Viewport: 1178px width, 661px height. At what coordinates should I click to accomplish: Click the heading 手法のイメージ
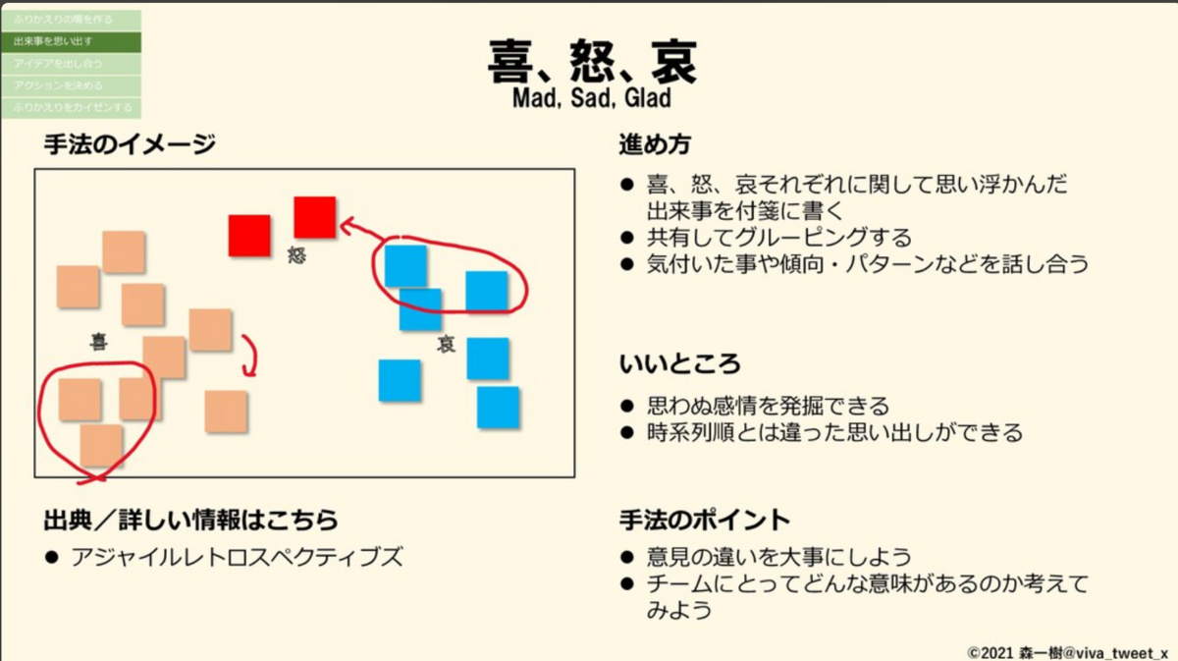tap(129, 144)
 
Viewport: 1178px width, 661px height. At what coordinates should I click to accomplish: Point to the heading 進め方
tap(655, 144)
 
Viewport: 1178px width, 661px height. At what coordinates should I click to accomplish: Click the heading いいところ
tap(679, 364)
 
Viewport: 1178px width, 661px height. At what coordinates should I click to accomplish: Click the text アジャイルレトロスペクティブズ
tap(237, 558)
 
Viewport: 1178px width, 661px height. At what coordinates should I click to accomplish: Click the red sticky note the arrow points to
tap(315, 217)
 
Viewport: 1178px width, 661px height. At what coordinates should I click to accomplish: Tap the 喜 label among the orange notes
tap(98, 342)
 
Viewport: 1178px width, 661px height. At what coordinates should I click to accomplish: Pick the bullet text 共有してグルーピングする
tap(779, 238)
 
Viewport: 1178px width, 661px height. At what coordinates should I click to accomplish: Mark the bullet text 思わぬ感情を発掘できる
tap(768, 406)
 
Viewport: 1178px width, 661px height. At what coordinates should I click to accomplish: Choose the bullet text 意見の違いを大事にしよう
tap(779, 557)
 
